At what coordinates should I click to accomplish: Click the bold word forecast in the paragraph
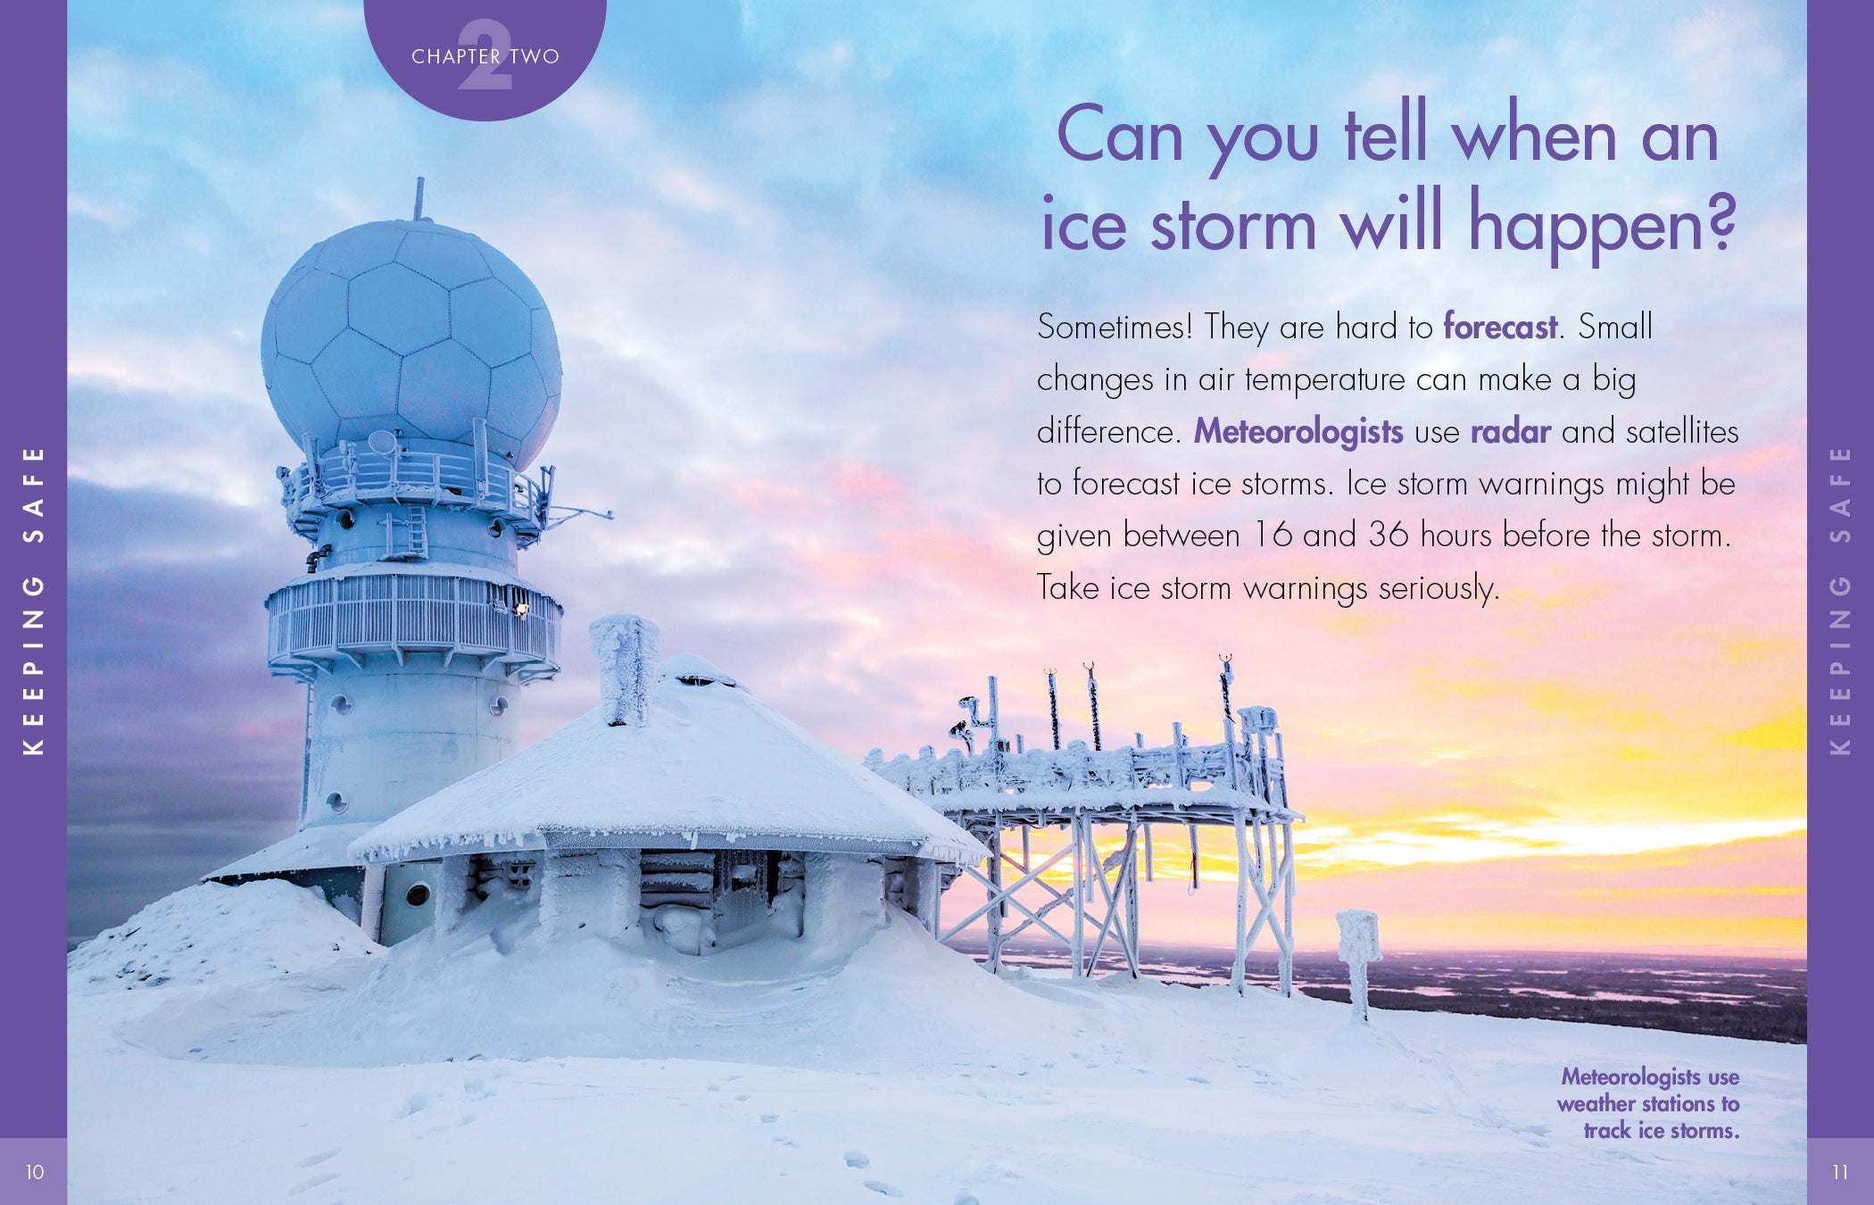tap(1500, 327)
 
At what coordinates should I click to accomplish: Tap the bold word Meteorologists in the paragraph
tap(1298, 432)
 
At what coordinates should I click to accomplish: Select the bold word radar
tap(1511, 432)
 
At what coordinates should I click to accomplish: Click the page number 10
tap(35, 1172)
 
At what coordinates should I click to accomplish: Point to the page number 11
tap(1840, 1172)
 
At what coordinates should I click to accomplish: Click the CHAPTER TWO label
tap(485, 56)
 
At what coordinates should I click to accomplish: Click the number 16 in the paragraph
tap(1272, 536)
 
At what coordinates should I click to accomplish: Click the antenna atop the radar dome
tap(419, 198)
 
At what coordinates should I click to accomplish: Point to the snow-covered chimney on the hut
tap(625, 669)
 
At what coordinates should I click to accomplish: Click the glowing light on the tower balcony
tap(520, 609)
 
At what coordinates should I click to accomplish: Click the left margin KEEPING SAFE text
tap(33, 601)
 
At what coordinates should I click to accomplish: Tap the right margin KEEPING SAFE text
tap(1840, 601)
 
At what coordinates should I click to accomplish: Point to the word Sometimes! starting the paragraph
tap(1115, 327)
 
